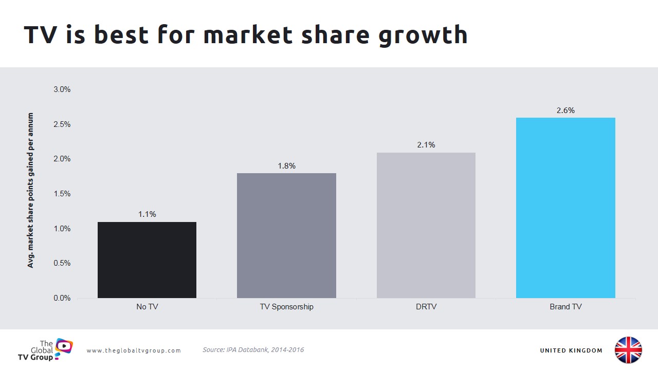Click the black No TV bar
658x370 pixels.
tap(147, 260)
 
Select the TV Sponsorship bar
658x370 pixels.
tap(286, 235)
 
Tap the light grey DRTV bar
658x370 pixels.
tap(426, 225)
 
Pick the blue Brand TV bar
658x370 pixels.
tap(565, 208)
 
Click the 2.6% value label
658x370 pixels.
tap(565, 110)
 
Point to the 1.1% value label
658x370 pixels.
tap(147, 214)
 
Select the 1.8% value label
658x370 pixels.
tap(286, 166)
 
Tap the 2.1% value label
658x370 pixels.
tap(426, 145)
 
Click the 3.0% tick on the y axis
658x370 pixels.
tap(62, 89)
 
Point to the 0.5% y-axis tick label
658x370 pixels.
tap(62, 263)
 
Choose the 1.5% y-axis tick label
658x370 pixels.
tap(62, 194)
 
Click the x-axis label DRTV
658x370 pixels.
tap(426, 307)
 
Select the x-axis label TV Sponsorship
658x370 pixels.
tap(286, 307)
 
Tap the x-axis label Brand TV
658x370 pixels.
tap(565, 307)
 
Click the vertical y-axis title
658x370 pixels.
tap(31, 190)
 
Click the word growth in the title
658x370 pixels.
tap(423, 35)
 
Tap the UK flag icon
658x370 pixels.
tap(628, 350)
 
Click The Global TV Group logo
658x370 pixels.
tap(51, 349)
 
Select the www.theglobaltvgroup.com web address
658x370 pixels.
tap(134, 350)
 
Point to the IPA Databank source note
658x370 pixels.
tap(253, 350)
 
